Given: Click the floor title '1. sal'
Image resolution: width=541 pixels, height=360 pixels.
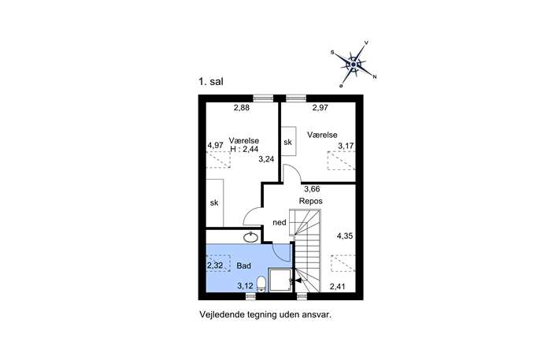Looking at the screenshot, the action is click(211, 82).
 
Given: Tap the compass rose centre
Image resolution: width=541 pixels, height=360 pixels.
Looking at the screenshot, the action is click(354, 64).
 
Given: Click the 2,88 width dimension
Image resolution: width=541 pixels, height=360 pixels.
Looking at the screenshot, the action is click(242, 108).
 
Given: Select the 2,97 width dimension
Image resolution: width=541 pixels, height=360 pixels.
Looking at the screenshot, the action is click(320, 108).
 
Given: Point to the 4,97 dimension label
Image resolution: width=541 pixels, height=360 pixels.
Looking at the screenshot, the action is click(215, 145).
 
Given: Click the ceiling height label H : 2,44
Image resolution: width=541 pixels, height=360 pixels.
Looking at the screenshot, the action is click(244, 149).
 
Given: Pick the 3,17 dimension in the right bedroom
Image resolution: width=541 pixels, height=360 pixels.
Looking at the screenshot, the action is click(346, 146).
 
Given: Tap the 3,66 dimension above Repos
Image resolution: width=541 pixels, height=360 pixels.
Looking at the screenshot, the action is click(312, 189).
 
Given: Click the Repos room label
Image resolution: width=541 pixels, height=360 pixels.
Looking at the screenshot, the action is click(311, 201).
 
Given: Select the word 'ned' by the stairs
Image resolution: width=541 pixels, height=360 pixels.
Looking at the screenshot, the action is click(280, 223).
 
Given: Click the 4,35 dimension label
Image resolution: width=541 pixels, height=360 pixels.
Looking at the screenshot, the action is click(345, 236).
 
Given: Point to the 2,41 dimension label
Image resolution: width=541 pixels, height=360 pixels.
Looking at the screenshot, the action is click(337, 287).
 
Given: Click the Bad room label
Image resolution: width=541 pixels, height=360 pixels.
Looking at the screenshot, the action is click(243, 265).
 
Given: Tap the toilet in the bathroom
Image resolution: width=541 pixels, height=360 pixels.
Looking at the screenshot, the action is click(261, 284).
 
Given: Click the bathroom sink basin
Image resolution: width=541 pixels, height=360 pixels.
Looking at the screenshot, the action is click(251, 237).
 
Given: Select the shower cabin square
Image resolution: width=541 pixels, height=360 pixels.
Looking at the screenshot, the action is click(281, 280).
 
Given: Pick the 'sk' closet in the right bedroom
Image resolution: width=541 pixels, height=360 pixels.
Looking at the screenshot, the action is click(288, 141).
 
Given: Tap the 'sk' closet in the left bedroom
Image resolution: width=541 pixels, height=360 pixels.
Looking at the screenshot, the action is click(215, 202).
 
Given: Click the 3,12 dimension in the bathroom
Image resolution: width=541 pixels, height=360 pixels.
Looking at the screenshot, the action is click(246, 286).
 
